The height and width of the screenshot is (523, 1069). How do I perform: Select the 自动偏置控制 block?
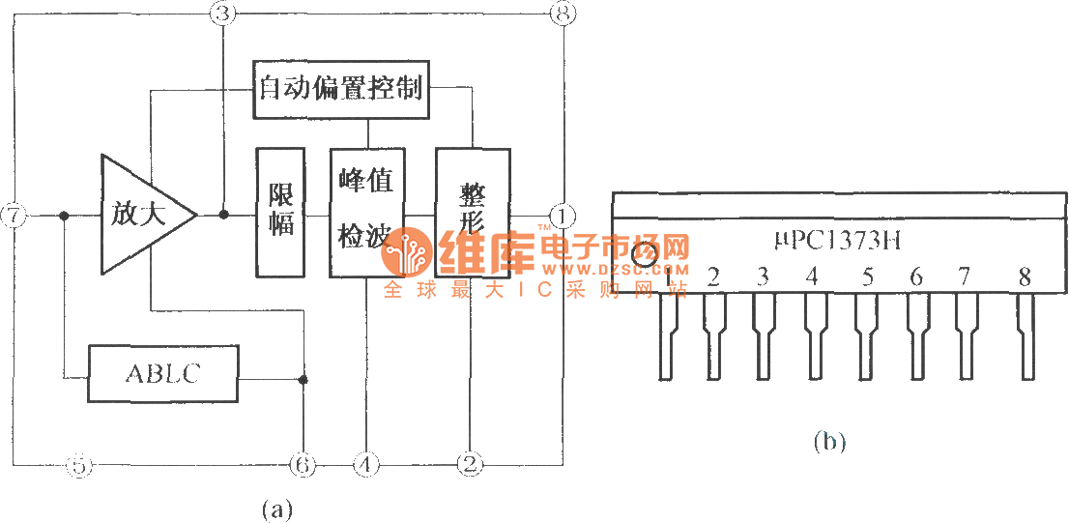(341, 89)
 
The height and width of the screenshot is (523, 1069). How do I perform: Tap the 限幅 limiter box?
(280, 213)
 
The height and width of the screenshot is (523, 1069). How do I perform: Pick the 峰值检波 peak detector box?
(366, 213)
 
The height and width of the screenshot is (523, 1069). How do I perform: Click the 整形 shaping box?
(472, 213)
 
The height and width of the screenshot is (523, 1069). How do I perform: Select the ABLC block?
(162, 374)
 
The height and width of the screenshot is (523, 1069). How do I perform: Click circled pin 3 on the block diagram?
(222, 14)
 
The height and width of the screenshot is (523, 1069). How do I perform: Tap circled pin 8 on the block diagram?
(562, 14)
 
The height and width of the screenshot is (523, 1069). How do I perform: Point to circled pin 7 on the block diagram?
(13, 216)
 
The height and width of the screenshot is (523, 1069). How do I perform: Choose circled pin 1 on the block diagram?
(562, 215)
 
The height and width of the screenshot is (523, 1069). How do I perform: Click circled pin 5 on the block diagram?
(80, 465)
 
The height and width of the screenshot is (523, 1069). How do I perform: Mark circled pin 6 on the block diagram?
(303, 465)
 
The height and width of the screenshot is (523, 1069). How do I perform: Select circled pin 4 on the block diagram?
(365, 465)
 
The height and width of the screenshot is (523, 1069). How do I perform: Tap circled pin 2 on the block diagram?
(470, 465)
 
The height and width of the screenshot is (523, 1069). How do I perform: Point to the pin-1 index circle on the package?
(645, 253)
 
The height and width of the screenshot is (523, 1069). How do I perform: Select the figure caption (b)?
(828, 442)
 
